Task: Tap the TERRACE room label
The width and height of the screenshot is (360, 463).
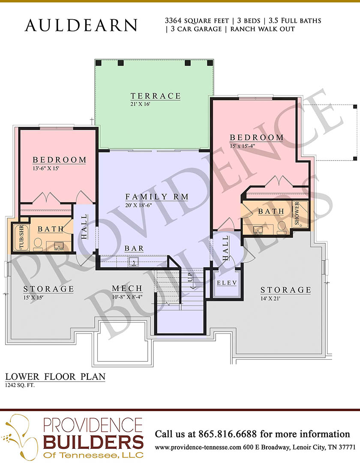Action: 156,96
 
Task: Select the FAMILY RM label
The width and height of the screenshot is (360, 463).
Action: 157,197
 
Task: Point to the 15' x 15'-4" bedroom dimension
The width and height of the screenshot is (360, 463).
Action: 243,146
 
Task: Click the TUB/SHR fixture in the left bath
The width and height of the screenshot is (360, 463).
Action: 21,238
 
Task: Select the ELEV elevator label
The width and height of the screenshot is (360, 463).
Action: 227,283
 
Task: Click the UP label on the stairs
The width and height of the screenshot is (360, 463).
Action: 190,277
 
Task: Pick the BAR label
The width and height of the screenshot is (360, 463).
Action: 134,248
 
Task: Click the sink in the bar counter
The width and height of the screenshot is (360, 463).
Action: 134,261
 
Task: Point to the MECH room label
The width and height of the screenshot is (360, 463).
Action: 127,288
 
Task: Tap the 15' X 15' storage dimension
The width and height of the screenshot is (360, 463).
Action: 33,297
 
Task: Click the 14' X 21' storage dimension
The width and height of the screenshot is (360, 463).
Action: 270,299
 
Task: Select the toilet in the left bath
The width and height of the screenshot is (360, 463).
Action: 38,244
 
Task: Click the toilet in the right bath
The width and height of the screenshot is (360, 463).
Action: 282,227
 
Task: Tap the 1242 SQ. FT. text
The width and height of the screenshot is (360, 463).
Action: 20,385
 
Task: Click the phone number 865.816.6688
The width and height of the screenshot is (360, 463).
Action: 228,434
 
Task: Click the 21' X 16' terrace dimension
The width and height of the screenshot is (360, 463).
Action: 141,104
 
